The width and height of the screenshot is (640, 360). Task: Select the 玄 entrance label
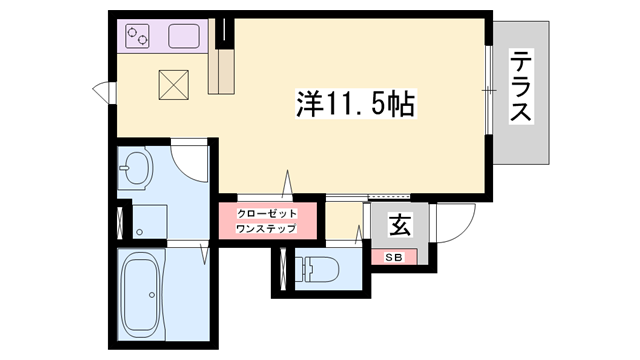(x=399, y=226)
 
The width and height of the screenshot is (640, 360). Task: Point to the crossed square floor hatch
(x=175, y=84)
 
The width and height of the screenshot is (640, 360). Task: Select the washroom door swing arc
(x=190, y=160)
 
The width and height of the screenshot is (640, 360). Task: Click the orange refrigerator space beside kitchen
(x=222, y=70)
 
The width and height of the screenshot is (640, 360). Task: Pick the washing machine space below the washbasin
(x=150, y=221)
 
